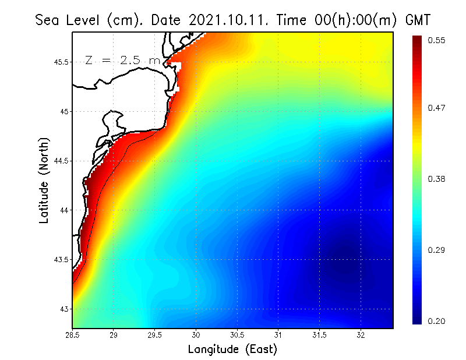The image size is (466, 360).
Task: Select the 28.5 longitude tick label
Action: click(x=73, y=335)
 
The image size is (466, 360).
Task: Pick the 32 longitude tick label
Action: click(x=361, y=335)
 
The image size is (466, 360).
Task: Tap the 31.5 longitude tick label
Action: click(x=320, y=335)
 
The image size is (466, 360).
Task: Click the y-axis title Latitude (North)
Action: click(x=44, y=179)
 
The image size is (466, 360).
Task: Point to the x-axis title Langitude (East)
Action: click(x=232, y=349)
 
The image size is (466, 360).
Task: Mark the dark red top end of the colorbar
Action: click(x=418, y=41)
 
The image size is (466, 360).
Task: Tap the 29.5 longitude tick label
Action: click(x=155, y=335)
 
